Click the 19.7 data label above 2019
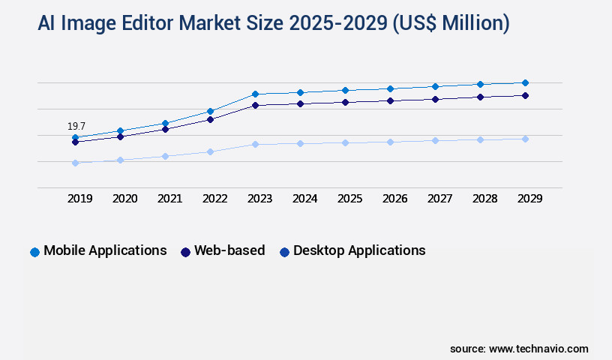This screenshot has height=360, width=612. [x=76, y=126]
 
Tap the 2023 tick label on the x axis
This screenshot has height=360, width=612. [x=260, y=199]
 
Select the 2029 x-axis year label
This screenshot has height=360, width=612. [x=530, y=199]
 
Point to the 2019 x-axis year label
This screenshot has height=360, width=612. [x=80, y=199]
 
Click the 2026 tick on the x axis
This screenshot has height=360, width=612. [x=395, y=199]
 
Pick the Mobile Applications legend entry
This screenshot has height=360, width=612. [x=98, y=250]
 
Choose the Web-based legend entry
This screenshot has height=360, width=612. [x=223, y=250]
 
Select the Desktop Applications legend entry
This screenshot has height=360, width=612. [x=352, y=250]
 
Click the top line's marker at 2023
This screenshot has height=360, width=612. [x=255, y=94]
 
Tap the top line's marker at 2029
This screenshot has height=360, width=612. [x=525, y=82]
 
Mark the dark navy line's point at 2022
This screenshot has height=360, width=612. [x=210, y=119]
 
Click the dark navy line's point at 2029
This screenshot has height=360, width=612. [x=525, y=95]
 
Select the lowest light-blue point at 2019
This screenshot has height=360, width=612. [x=75, y=163]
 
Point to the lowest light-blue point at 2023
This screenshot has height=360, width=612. [x=255, y=144]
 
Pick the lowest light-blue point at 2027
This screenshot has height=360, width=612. [x=435, y=140]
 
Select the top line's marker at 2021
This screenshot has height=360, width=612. [x=165, y=123]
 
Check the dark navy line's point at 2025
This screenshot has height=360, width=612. [x=345, y=102]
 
